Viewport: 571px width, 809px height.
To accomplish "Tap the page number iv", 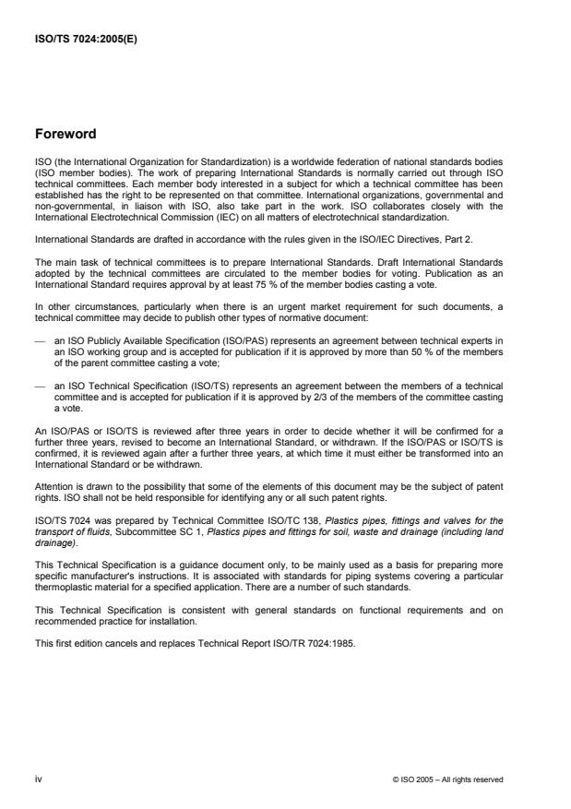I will (x=39, y=779).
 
